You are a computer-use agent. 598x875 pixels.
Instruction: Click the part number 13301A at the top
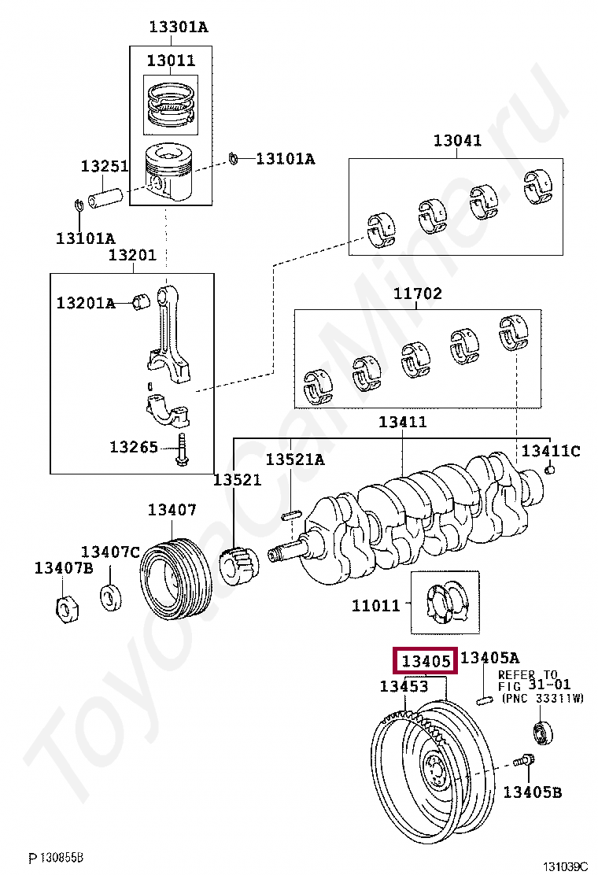179,28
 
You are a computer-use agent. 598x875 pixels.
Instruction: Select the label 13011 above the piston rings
171,61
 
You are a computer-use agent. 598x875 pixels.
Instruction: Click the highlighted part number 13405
425,661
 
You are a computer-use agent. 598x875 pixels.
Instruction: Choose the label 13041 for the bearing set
457,142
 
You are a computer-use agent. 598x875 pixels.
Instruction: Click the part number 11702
418,294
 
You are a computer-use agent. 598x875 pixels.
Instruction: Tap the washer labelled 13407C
110,596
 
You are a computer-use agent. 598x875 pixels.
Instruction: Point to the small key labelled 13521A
290,515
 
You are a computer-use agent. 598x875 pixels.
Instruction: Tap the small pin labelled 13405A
485,699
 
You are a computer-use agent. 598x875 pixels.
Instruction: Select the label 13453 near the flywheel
404,687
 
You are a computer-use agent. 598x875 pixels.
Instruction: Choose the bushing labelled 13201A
142,301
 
